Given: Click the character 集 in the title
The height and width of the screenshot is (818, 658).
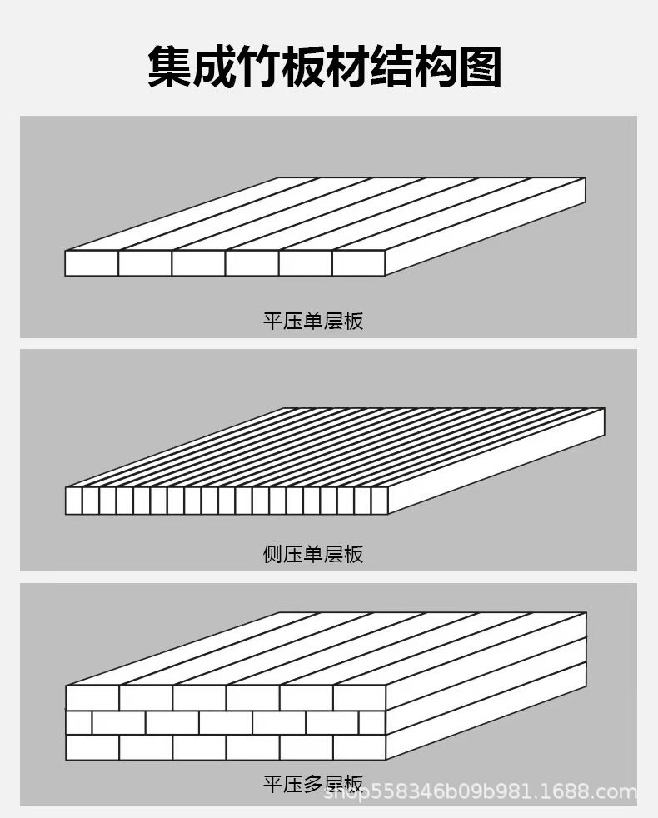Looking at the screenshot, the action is [x=170, y=67].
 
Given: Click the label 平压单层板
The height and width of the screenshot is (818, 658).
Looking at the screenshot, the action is [x=313, y=321].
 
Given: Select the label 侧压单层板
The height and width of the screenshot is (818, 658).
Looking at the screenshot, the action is [x=313, y=553].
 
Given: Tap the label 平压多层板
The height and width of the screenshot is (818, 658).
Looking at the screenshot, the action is [x=313, y=784].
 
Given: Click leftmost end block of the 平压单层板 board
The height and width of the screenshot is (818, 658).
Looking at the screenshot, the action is [x=92, y=263].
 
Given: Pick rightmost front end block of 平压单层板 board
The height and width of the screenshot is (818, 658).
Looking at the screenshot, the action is [x=358, y=263].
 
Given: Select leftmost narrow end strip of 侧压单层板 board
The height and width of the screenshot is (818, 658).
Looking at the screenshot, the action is [x=73, y=501].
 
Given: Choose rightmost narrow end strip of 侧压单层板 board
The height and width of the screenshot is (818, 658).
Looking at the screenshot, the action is [x=380, y=501].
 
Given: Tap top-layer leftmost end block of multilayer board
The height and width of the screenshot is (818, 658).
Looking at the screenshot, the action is [x=92, y=698].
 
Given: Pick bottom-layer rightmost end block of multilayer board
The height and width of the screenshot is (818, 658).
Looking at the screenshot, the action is [x=359, y=747].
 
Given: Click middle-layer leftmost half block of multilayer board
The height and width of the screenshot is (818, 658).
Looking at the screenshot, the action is [x=78, y=722].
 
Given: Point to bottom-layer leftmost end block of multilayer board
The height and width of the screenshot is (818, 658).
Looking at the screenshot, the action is [x=92, y=747].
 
